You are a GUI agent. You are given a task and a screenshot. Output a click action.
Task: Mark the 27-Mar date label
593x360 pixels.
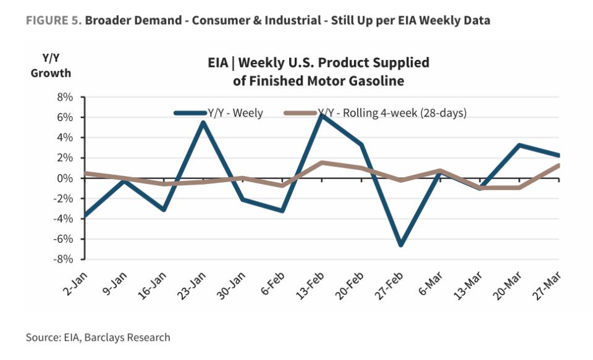pyautogui.click(x=549, y=285)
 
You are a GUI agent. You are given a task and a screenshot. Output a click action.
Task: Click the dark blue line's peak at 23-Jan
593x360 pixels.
pyautogui.click(x=203, y=122)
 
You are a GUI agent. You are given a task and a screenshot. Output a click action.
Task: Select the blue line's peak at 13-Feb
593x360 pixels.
pyautogui.click(x=321, y=115)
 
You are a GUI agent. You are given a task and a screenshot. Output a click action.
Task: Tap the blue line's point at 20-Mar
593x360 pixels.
pyautogui.click(x=519, y=146)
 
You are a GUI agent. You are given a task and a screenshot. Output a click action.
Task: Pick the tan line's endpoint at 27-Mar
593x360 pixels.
pyautogui.click(x=558, y=165)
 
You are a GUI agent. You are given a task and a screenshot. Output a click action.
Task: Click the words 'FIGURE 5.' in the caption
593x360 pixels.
pyautogui.click(x=53, y=20)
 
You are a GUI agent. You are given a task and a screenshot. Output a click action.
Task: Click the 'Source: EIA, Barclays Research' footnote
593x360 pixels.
pyautogui.click(x=98, y=337)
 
